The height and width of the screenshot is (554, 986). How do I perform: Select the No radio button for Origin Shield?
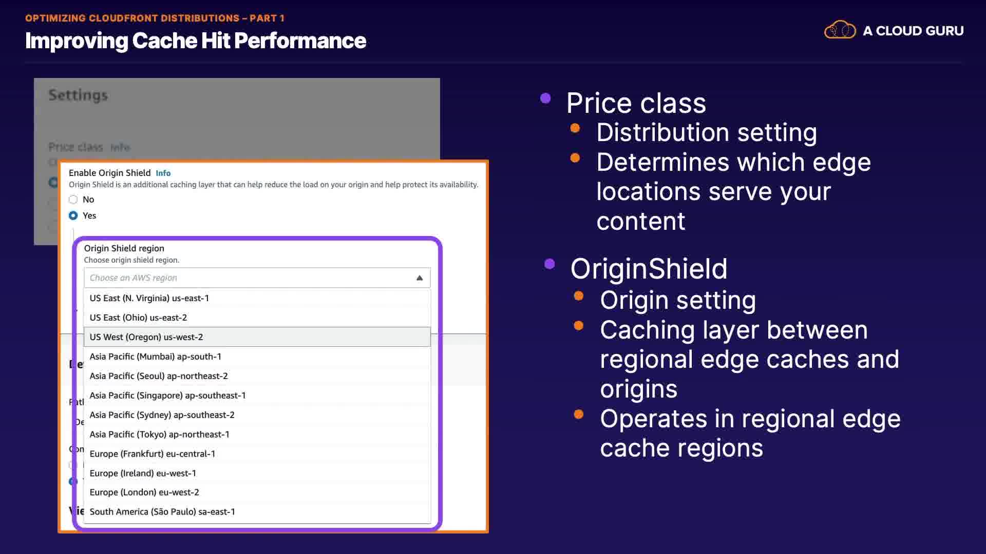(x=73, y=200)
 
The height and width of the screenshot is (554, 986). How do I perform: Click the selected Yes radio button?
(x=73, y=215)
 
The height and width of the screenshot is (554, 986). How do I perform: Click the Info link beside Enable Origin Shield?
(x=163, y=173)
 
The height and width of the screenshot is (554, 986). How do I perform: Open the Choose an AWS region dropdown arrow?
(x=419, y=278)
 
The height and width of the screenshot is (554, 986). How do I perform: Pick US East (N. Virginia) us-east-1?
(x=149, y=298)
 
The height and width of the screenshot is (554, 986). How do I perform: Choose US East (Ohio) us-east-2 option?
(x=138, y=318)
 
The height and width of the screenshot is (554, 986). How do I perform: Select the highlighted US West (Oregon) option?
(x=146, y=337)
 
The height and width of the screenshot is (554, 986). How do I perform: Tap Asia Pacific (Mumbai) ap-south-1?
(x=155, y=357)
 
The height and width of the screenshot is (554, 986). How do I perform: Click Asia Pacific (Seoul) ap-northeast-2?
(x=158, y=376)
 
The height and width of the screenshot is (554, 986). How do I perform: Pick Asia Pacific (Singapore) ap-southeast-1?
(x=167, y=395)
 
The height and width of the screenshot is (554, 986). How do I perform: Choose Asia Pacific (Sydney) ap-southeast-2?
(x=162, y=415)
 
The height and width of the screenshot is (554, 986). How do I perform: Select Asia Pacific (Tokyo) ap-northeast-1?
(x=159, y=434)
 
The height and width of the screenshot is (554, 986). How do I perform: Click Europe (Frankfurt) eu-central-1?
(x=152, y=454)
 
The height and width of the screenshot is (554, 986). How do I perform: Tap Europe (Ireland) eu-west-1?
(x=143, y=473)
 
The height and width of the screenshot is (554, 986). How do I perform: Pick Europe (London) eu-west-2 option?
(x=144, y=492)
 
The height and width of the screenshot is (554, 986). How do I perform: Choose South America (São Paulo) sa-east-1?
(x=162, y=512)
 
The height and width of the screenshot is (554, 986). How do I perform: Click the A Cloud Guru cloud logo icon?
(x=840, y=30)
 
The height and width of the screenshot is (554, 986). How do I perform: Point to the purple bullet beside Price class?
(x=545, y=98)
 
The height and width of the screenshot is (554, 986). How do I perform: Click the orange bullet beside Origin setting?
(x=579, y=296)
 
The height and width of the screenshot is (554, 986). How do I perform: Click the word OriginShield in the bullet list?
(x=649, y=269)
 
